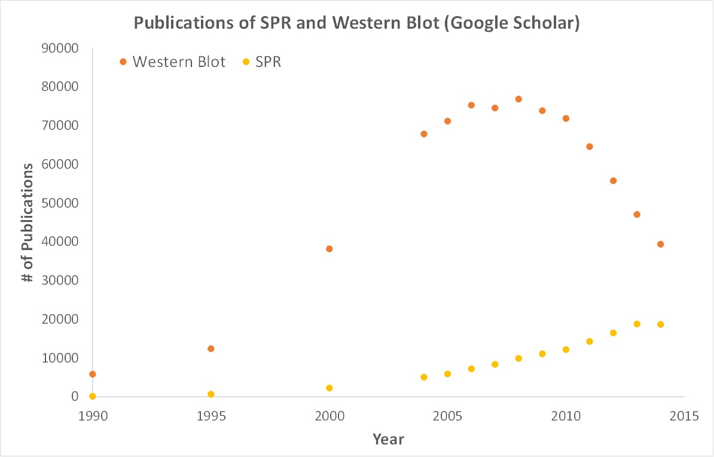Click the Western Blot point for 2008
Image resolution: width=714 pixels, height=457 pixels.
coord(518,99)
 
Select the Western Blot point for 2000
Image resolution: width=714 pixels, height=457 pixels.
coord(329,249)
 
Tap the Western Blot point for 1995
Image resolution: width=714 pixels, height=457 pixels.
coord(210,349)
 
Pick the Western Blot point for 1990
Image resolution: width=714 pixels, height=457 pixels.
coord(92,374)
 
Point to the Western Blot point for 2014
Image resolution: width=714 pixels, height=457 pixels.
coord(660,244)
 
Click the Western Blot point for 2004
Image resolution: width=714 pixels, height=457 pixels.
coord(424,134)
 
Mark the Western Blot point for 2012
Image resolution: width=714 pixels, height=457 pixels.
coord(613,181)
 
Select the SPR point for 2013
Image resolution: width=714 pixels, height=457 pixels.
coord(637,324)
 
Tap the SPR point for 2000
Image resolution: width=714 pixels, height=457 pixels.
coord(329,388)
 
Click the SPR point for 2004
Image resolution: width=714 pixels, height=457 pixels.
coord(424,377)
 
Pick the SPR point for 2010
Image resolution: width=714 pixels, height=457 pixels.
coord(566,349)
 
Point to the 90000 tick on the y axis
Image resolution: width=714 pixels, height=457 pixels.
coord(62,48)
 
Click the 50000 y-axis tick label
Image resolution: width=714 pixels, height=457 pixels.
coord(62,203)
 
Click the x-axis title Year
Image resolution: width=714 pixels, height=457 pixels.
coord(388,440)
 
